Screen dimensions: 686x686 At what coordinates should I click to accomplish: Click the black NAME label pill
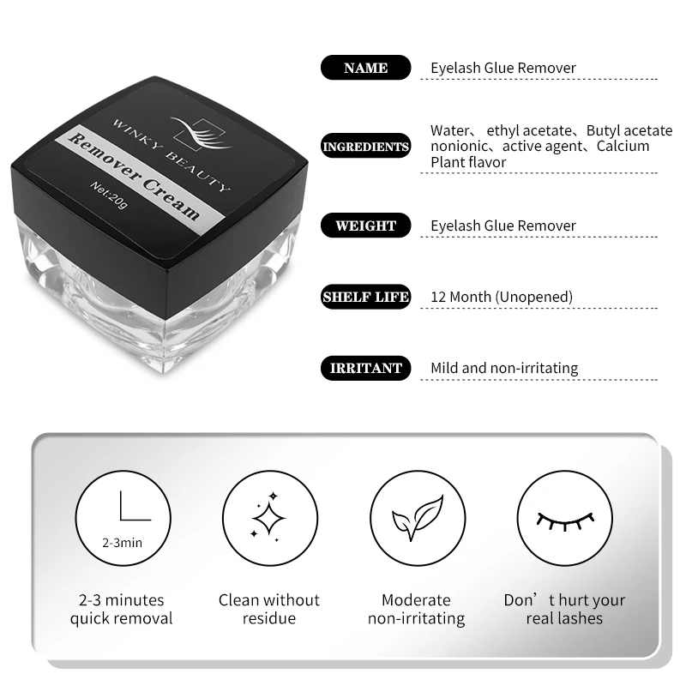pyautogui.click(x=365, y=68)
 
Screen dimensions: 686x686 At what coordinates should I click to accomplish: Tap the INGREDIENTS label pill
pyautogui.click(x=365, y=147)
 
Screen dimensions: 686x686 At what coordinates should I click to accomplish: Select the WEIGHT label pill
pyautogui.click(x=365, y=226)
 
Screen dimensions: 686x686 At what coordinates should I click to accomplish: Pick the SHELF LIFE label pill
pyautogui.click(x=365, y=297)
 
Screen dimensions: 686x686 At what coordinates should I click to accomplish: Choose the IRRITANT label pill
pyautogui.click(x=365, y=368)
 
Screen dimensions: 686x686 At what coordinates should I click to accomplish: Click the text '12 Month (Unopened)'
pyautogui.click(x=502, y=297)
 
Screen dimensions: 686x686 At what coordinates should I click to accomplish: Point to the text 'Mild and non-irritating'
pyautogui.click(x=504, y=368)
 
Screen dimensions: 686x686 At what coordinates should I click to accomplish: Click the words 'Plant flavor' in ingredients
pyautogui.click(x=468, y=162)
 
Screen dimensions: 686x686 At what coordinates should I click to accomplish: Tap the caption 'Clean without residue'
pyautogui.click(x=268, y=609)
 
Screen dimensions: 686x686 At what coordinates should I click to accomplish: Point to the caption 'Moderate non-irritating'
pyautogui.click(x=416, y=609)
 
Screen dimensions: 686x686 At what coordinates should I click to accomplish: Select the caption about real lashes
pyautogui.click(x=564, y=609)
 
